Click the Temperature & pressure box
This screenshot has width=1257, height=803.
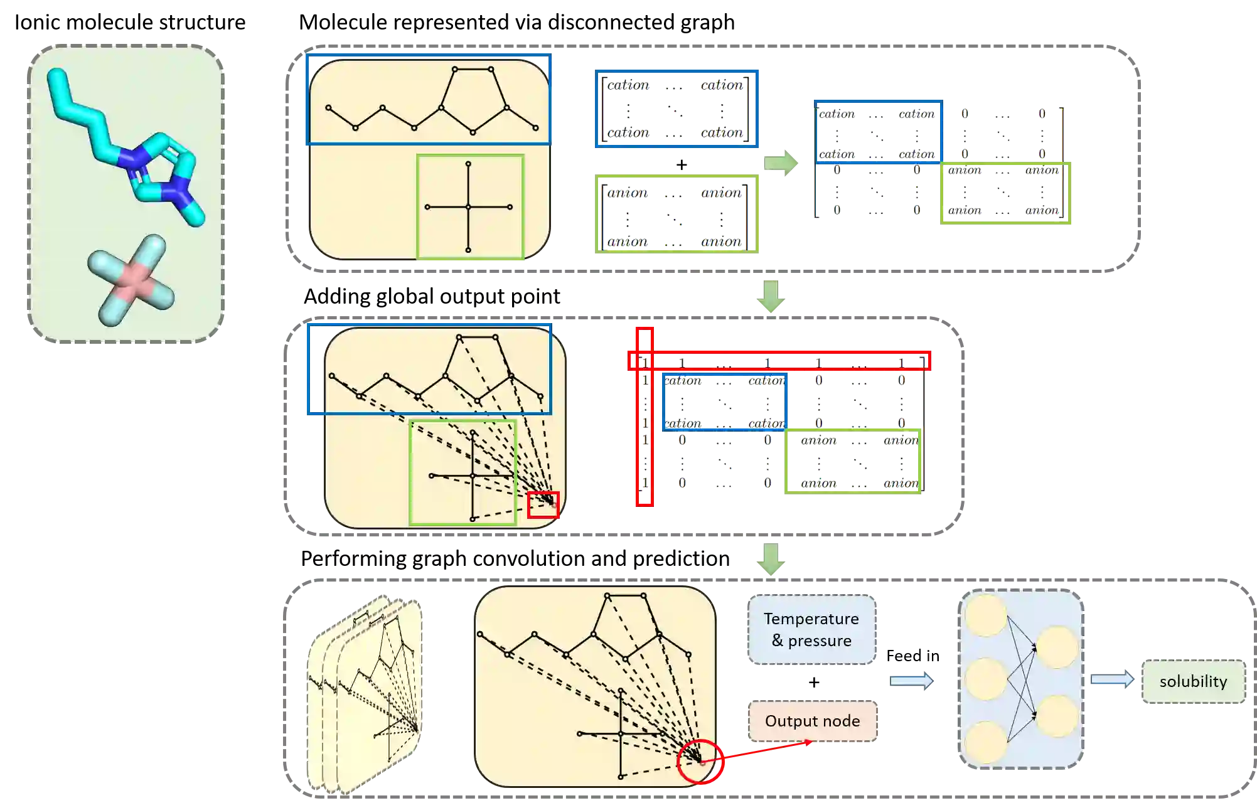pos(811,629)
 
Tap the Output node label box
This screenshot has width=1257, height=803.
pos(812,721)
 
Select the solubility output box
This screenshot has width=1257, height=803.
pos(1192,681)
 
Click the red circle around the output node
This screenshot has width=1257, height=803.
pos(700,762)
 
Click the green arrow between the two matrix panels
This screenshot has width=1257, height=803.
pos(782,163)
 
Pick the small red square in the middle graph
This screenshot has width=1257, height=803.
pos(543,505)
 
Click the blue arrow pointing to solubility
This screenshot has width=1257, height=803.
pos(1111,680)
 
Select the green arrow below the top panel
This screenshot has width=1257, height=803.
pos(771,295)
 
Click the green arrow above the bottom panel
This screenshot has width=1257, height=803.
pos(771,559)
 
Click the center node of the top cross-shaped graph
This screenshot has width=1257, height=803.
pos(468,207)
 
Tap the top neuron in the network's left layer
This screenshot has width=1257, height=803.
pos(986,615)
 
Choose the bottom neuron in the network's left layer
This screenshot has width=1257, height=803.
pos(986,742)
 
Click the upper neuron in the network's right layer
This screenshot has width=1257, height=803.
pos(1057,647)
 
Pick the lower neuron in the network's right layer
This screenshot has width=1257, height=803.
pos(1057,716)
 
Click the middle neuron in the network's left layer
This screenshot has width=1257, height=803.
pos(986,679)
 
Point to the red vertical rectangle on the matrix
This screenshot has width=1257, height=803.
pos(645,417)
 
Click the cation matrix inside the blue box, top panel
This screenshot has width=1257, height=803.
pos(676,109)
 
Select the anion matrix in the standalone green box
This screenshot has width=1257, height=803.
pos(676,215)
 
